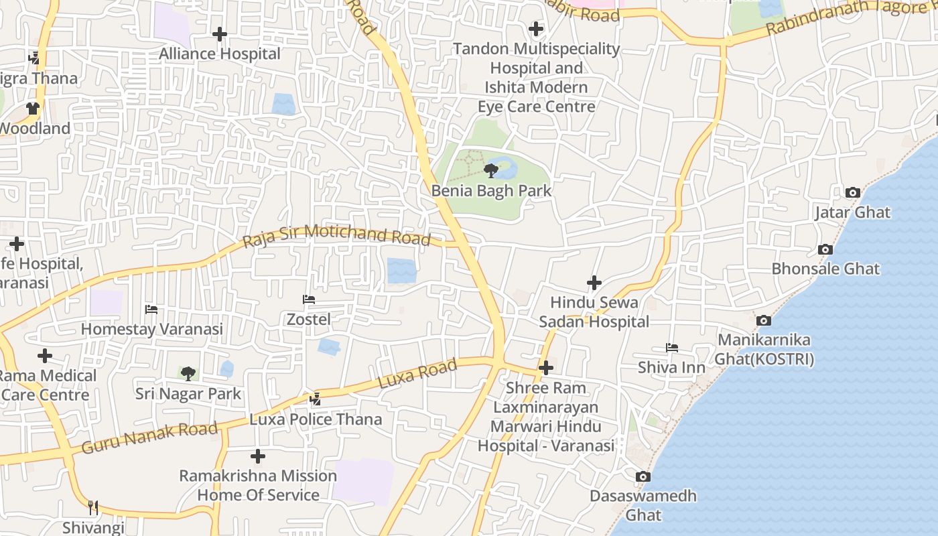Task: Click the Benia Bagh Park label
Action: point(491,191)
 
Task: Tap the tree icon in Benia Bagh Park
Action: point(491,170)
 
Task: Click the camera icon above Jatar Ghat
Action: point(852,193)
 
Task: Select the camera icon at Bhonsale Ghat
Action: point(825,250)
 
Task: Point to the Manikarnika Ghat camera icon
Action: point(763,321)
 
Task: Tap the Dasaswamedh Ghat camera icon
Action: point(643,477)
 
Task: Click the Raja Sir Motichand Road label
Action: point(336,235)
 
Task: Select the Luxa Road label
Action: point(417,374)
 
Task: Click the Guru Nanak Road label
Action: point(149,438)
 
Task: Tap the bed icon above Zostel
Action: point(309,299)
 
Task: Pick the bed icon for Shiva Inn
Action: point(671,348)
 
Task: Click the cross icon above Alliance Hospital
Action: point(219,34)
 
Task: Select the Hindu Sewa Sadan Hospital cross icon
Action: point(594,283)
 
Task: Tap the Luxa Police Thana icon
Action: point(315,399)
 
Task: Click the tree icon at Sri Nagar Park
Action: point(188,373)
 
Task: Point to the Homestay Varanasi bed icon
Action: point(151,310)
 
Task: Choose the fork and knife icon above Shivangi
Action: point(93,508)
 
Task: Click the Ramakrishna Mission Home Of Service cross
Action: point(257,457)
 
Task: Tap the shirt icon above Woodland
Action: point(32,109)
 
